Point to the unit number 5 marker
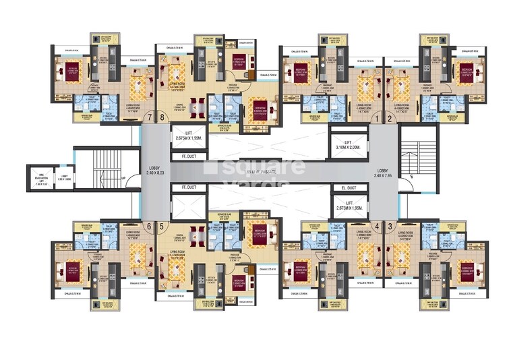pyautogui.click(x=162, y=227)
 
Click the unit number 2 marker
pyautogui.click(x=390, y=119)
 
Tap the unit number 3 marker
pyautogui.click(x=390, y=227)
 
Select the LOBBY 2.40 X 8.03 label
pyautogui.click(x=154, y=173)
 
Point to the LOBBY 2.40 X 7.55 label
pyautogui.click(x=386, y=173)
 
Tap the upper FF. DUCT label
pyautogui.click(x=181, y=156)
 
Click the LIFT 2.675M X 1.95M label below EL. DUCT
pyautogui.click(x=347, y=205)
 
